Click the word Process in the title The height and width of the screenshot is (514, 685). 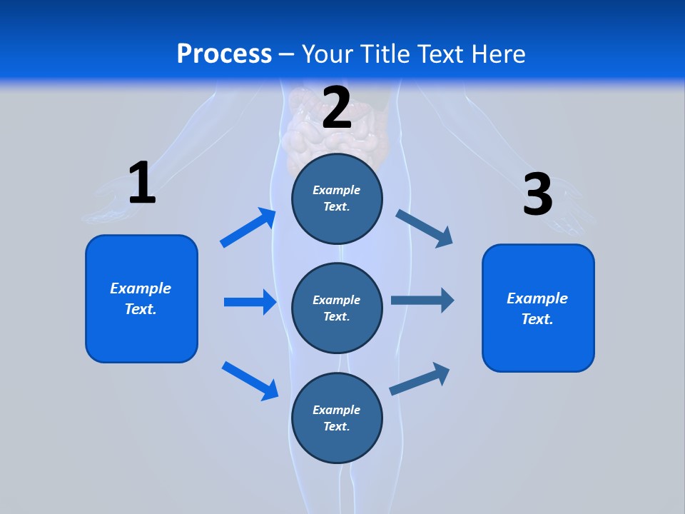(224, 54)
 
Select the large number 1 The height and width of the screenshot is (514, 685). (142, 183)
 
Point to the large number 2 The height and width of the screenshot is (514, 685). (337, 108)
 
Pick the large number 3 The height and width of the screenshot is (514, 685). (537, 194)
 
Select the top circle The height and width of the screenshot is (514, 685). (338, 198)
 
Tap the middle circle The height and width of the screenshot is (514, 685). (338, 308)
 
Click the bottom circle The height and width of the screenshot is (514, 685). (338, 418)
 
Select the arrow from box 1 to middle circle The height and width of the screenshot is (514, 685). (250, 302)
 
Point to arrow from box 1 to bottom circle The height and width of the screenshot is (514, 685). (250, 381)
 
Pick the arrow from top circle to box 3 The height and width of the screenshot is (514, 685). (425, 228)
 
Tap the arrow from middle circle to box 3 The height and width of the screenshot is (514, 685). (422, 300)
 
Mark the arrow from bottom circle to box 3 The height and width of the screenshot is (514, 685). (420, 378)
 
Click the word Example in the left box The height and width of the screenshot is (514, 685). (141, 288)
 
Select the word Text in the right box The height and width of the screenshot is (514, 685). (536, 319)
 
